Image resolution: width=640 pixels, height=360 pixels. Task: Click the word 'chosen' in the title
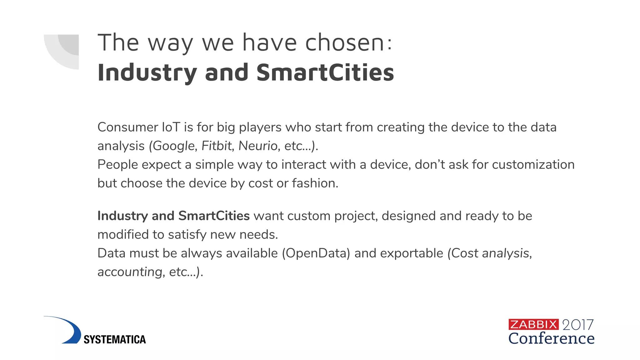point(345,43)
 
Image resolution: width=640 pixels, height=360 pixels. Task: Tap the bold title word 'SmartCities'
point(325,72)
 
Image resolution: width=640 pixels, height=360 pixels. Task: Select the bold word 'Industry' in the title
point(147,72)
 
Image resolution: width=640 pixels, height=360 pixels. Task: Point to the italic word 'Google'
point(174,146)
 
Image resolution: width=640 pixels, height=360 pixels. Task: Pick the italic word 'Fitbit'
point(217,146)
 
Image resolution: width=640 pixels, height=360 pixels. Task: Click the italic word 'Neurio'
point(258,146)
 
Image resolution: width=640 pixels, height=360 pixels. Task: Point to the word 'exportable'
point(412,253)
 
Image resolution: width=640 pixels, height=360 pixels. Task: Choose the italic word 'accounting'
point(130,272)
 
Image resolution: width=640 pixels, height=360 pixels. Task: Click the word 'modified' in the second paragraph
point(123,234)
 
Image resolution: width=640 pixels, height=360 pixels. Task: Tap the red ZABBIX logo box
point(533,324)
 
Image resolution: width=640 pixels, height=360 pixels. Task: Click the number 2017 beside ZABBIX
point(578,325)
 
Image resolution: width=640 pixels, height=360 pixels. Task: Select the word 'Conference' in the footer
point(551,338)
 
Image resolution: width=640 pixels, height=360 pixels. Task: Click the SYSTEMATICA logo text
point(115,339)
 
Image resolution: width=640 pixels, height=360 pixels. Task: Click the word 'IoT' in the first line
point(171,127)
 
